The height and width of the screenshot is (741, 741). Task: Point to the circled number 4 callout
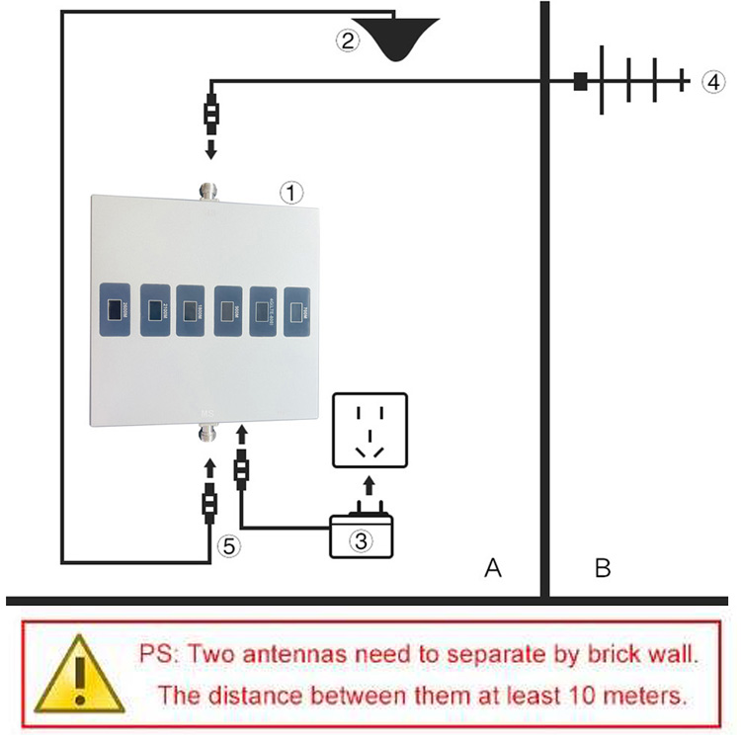(713, 82)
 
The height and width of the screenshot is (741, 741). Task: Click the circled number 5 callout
(227, 543)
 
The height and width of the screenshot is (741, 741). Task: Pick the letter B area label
(602, 568)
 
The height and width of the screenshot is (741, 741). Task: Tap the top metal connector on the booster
(208, 188)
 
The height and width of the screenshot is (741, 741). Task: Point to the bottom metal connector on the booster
(208, 434)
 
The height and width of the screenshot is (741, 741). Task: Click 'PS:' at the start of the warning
(160, 653)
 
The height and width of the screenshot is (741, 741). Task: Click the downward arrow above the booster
(210, 149)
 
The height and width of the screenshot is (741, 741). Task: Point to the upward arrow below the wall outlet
(369, 484)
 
